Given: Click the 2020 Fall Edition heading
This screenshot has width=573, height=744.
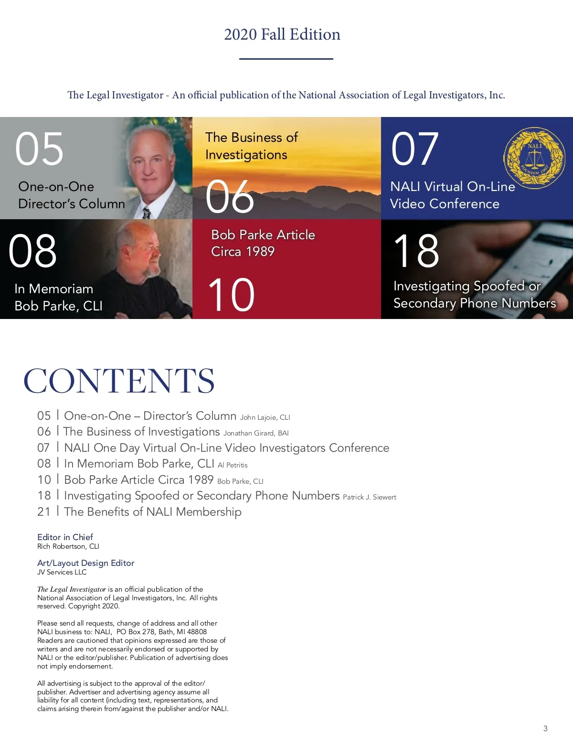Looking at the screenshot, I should click(282, 34).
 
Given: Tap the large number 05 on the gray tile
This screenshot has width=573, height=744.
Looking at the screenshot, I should click(39, 149).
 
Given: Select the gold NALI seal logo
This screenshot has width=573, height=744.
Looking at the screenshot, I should click(534, 159).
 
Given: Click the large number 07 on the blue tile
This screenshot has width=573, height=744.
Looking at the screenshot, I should click(414, 149).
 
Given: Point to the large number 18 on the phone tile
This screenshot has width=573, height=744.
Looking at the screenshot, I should click(416, 251).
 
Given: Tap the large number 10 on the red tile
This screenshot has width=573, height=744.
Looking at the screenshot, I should click(231, 295).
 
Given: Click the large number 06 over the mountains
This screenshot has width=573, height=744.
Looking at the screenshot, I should click(230, 197).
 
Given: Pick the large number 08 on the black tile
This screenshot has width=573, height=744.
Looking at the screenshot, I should click(32, 251).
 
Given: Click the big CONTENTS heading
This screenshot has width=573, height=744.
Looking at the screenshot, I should click(119, 381).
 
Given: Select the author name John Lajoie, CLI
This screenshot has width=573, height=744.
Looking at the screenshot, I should click(265, 417).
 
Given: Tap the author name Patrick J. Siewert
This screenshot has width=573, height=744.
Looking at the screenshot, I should click(370, 497).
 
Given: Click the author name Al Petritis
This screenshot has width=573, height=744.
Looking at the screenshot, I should click(233, 465).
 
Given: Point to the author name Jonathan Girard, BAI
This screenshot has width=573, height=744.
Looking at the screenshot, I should click(256, 433).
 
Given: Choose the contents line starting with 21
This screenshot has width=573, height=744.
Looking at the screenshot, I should click(139, 512).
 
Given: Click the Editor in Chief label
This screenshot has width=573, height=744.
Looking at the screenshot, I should click(65, 537).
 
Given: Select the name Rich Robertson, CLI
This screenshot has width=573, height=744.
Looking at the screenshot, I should click(68, 546).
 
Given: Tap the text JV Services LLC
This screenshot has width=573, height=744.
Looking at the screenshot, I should click(62, 572).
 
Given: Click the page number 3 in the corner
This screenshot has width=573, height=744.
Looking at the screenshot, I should click(545, 728).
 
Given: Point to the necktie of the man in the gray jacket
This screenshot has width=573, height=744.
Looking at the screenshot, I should click(147, 213).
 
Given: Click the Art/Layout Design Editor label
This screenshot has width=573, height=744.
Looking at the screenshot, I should click(86, 563).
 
